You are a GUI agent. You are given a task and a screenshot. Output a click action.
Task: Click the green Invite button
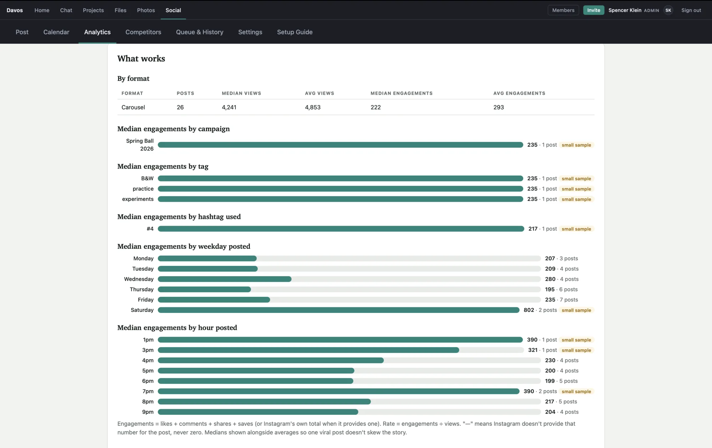click(593, 10)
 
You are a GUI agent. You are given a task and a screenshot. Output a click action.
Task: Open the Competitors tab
click(143, 32)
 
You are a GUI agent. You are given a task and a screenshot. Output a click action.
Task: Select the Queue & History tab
click(200, 32)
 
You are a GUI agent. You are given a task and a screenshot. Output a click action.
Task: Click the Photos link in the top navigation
click(146, 10)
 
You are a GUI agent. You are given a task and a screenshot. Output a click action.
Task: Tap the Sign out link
click(691, 10)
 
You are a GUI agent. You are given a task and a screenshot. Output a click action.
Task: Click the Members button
click(563, 10)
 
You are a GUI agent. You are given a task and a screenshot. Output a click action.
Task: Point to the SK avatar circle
click(668, 10)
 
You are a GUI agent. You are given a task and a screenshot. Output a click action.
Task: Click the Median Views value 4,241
click(229, 107)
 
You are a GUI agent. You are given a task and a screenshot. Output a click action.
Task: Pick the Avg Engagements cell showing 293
click(498, 107)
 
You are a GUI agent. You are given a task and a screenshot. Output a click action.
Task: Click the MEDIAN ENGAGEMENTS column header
click(402, 93)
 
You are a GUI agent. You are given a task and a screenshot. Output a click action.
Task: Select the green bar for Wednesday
click(225, 279)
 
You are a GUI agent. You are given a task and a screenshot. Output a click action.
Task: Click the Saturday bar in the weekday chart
click(339, 310)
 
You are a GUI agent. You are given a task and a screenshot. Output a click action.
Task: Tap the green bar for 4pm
click(271, 360)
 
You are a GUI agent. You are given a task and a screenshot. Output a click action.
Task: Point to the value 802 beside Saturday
click(529, 310)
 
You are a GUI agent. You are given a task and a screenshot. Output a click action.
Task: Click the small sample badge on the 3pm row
click(576, 350)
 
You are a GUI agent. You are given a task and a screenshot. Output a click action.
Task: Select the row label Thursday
click(142, 289)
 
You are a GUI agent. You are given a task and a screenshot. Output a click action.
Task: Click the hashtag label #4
click(150, 229)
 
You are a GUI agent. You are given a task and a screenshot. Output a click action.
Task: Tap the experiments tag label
click(138, 199)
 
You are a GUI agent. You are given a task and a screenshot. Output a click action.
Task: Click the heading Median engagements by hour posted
click(177, 328)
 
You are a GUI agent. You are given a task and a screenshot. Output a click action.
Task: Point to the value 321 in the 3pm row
click(533, 350)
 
